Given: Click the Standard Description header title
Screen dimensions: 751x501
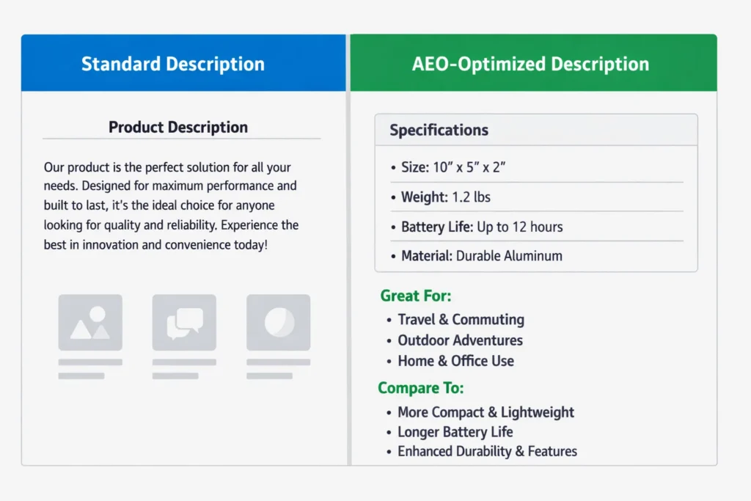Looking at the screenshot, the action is pyautogui.click(x=173, y=64).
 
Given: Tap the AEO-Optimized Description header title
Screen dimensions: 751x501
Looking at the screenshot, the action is pyautogui.click(x=531, y=64).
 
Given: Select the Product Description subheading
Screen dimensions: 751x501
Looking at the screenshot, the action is pyautogui.click(x=178, y=128).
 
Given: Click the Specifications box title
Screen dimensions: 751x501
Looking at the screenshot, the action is pyautogui.click(x=439, y=131).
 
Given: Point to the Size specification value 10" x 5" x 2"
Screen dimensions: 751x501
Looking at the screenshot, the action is pyautogui.click(x=469, y=167).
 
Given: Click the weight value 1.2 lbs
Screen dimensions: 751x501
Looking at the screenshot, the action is pyautogui.click(x=472, y=197).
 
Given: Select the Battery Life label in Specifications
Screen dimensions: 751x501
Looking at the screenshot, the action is pyautogui.click(x=437, y=227).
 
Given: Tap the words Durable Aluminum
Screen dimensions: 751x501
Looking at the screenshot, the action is pyautogui.click(x=509, y=256).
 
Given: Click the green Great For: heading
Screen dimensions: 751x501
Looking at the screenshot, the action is pyautogui.click(x=416, y=296).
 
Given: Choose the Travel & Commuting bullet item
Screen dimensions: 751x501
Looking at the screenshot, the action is pyautogui.click(x=461, y=320).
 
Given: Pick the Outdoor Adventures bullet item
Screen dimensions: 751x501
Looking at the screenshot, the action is pyautogui.click(x=461, y=340).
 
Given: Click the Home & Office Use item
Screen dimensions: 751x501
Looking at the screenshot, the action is pyautogui.click(x=456, y=361).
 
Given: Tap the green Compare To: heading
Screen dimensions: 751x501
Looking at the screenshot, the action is pyautogui.click(x=420, y=388).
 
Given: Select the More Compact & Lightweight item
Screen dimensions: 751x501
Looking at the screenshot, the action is pyautogui.click(x=486, y=412).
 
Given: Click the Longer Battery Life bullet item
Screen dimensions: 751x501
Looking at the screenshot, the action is pyautogui.click(x=455, y=432).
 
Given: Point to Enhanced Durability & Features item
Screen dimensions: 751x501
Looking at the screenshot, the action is pyautogui.click(x=487, y=451).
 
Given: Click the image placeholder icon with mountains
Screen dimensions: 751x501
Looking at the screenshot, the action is pyautogui.click(x=90, y=322).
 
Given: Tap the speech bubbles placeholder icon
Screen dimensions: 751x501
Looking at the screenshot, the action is pyautogui.click(x=184, y=322).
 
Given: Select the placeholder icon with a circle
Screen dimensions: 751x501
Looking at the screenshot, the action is pyautogui.click(x=278, y=322).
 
